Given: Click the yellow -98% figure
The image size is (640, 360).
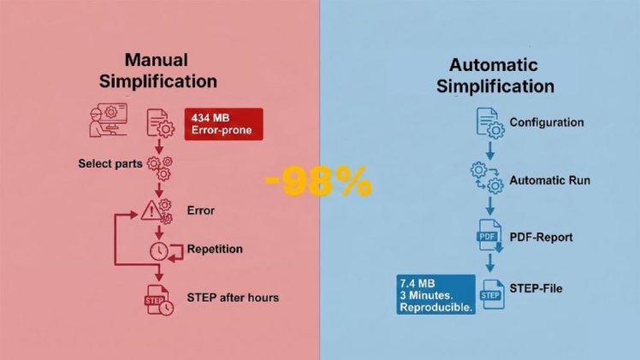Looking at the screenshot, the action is [x=319, y=182].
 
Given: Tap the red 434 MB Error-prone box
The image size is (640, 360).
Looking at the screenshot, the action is [x=223, y=124].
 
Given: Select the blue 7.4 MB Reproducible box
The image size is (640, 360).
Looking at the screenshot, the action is [x=436, y=295].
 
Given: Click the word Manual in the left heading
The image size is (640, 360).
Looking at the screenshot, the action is [x=157, y=60].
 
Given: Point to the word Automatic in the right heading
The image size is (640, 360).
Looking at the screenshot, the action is [x=494, y=65].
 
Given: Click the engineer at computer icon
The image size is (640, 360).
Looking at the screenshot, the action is [x=108, y=120].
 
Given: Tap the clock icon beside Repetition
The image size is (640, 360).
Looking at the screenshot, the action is [x=159, y=251].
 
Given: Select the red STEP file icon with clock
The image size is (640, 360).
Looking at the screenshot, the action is [x=159, y=299].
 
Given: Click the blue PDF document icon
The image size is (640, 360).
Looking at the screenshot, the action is [x=489, y=236].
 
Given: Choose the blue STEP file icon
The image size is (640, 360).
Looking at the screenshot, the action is [x=493, y=294].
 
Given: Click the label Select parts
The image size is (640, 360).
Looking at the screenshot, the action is [x=110, y=163].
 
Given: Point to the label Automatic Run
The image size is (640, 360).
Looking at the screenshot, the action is [x=550, y=180].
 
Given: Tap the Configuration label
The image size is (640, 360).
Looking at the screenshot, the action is [x=547, y=122].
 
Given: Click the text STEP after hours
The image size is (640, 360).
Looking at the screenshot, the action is [x=233, y=298].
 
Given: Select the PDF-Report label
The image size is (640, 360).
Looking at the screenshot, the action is [x=542, y=237].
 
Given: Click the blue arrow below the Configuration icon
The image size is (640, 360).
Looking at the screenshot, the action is [x=490, y=150].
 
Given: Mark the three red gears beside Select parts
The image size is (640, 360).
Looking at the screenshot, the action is [x=160, y=168].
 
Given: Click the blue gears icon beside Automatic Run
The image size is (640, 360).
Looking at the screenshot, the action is [x=488, y=178].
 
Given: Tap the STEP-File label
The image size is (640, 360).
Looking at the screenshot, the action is [x=536, y=289].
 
